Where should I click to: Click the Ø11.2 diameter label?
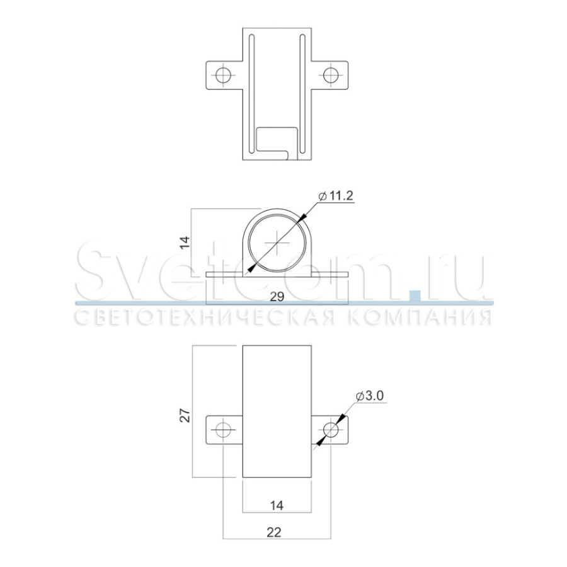336,196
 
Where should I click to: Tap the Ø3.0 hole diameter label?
369,396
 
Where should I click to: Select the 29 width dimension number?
277,297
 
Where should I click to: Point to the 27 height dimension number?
185,416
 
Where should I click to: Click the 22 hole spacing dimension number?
274,532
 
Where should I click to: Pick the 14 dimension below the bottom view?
277,505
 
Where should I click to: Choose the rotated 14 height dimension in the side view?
185,243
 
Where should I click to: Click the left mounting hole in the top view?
223,75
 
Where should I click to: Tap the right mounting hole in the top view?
331,75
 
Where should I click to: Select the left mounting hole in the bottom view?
223,430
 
